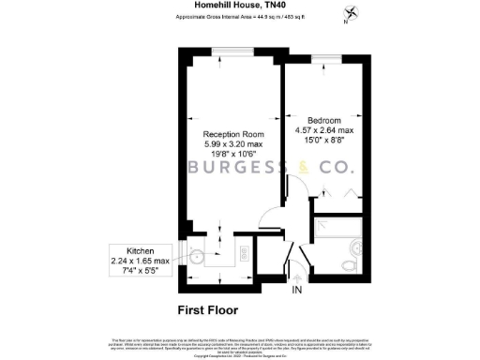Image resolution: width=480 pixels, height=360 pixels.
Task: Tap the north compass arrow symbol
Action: pyautogui.click(x=351, y=13)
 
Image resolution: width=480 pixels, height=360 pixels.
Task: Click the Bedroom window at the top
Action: pyautogui.click(x=325, y=59)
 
